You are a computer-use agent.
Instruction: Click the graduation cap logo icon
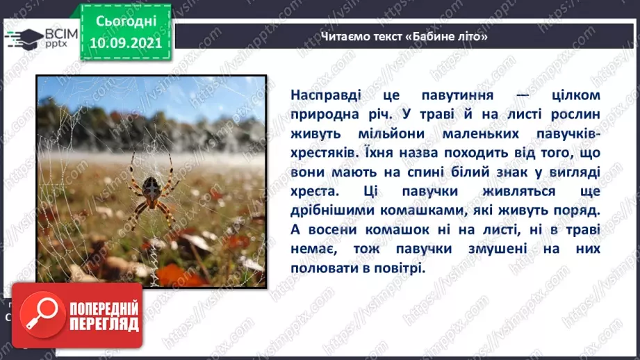24,38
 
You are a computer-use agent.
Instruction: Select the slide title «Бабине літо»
404,36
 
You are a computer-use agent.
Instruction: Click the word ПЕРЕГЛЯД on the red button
103,324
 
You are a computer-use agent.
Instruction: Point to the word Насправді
322,95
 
